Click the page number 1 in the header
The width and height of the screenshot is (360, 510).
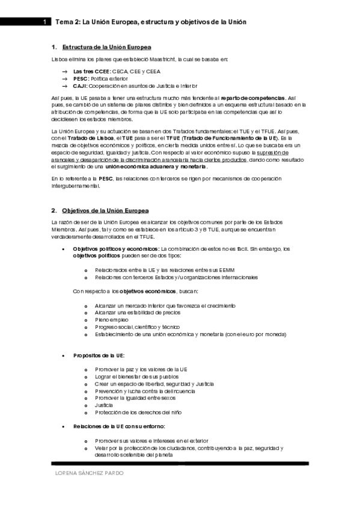(44, 22)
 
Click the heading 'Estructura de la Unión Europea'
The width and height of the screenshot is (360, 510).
(106, 47)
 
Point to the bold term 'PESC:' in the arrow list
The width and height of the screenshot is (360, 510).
(81, 79)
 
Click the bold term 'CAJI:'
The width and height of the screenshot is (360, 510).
(81, 87)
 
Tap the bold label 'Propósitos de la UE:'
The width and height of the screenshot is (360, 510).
(99, 356)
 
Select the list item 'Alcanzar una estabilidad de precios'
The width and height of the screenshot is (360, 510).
(138, 313)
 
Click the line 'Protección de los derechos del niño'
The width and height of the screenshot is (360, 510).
(138, 413)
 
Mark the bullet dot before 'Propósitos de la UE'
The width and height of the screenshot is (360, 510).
(64, 356)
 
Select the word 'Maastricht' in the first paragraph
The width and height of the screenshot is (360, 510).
(175, 59)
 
